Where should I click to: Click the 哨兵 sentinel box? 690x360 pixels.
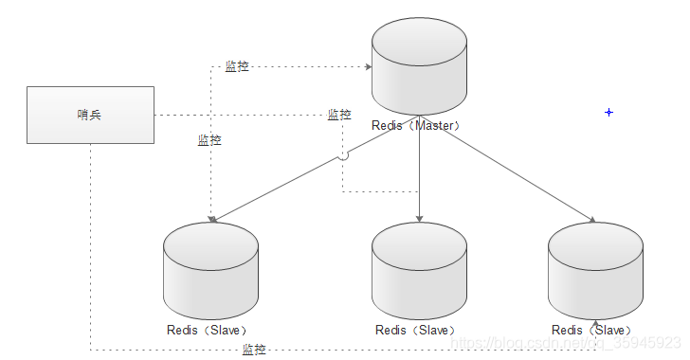(90, 115)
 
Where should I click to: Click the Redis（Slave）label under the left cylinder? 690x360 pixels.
(208, 330)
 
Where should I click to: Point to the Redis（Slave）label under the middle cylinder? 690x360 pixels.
(416, 330)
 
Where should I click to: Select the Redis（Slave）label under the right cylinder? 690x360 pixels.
(591, 330)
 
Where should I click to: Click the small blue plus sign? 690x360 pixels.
(608, 113)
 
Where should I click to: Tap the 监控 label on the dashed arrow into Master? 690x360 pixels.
(237, 66)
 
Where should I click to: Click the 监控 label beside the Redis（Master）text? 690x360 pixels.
(339, 115)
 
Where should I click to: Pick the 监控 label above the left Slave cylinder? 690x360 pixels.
(209, 140)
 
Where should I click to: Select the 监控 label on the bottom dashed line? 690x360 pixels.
(254, 350)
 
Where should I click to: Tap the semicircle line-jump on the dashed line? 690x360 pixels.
(343, 155)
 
